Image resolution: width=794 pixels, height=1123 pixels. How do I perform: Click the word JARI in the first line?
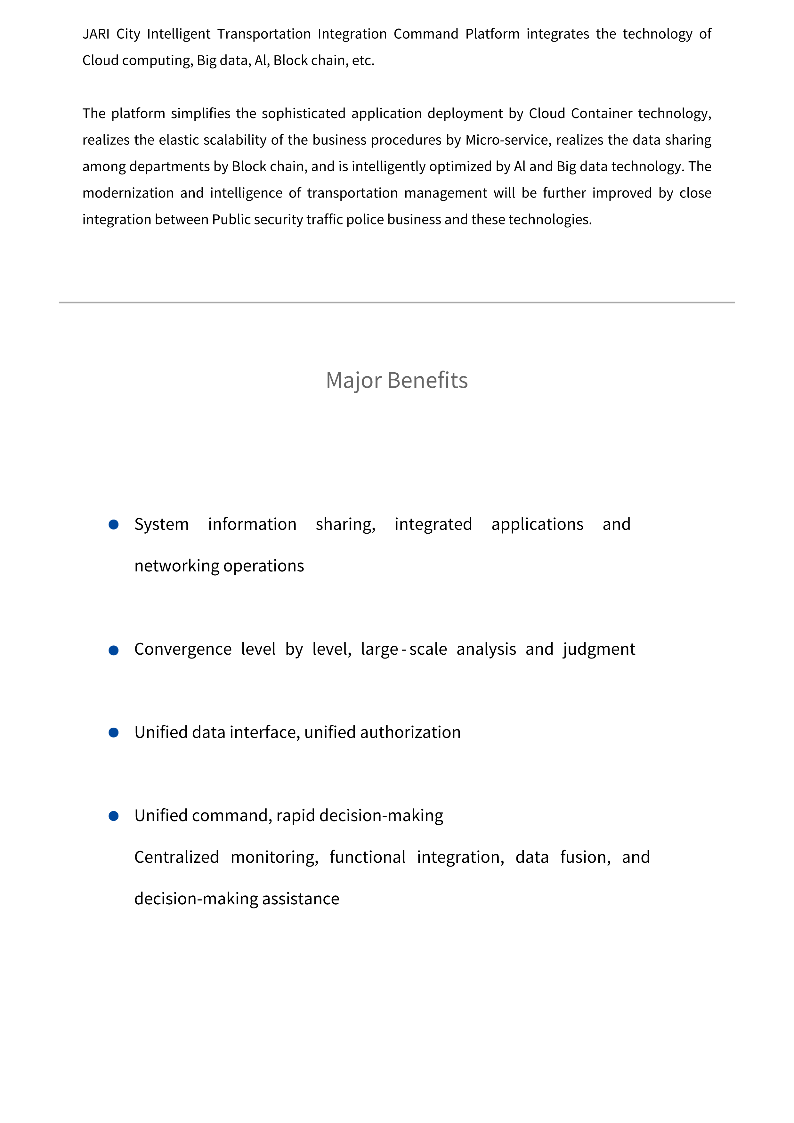[96, 34]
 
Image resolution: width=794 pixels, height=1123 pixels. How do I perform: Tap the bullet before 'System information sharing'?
[114, 524]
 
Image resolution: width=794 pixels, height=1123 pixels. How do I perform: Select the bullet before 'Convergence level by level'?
[114, 650]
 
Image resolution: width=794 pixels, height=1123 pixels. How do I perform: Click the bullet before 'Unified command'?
[114, 816]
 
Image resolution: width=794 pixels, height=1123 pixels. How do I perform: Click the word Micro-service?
[507, 140]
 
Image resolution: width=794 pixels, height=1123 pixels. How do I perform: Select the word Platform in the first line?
[492, 34]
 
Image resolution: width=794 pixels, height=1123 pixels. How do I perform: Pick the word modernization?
[128, 193]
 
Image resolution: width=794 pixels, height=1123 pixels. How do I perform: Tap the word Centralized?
[177, 857]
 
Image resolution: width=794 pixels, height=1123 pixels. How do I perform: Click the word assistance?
[300, 899]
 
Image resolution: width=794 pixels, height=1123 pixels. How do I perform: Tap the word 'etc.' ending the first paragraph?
[363, 61]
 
